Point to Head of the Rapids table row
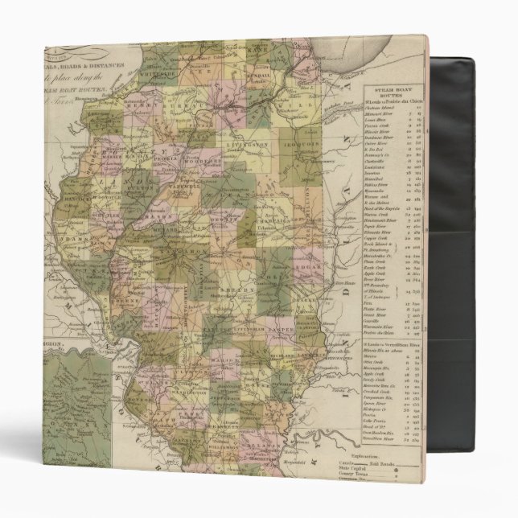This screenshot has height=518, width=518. [384, 208]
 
